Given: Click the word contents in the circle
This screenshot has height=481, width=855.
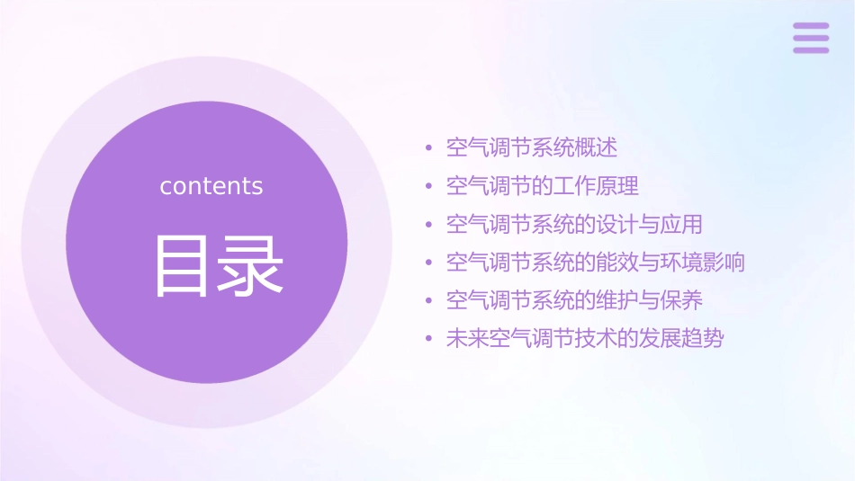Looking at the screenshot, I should tap(211, 186).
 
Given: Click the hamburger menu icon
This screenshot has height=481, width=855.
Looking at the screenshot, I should tap(811, 38).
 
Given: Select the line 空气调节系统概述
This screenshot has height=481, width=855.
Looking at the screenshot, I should tap(532, 147).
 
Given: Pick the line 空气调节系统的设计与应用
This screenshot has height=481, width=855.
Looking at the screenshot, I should tap(574, 224).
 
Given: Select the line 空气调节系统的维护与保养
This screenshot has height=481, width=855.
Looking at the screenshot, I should tap(574, 300).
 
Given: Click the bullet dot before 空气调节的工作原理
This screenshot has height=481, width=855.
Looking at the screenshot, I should tap(429, 187).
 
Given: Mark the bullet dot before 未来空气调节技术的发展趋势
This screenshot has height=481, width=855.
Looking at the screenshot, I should tap(429, 340).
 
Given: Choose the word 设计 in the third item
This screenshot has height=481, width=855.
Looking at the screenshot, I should tap(617, 224).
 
